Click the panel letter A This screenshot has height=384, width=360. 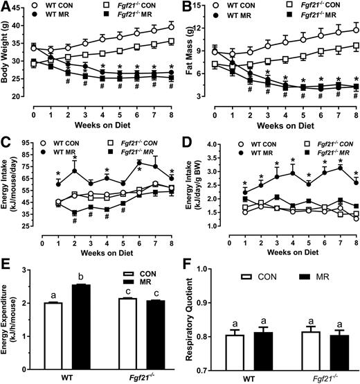click(x=6, y=6)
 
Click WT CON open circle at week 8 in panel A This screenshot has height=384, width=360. click(x=170, y=27)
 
